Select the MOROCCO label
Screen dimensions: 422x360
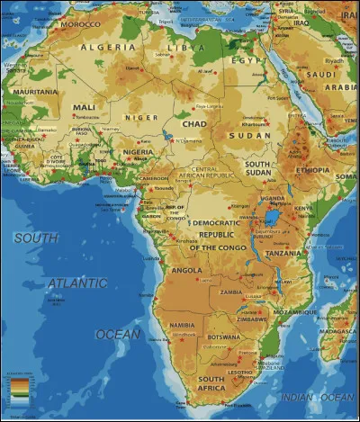80,24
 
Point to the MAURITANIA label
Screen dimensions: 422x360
34,91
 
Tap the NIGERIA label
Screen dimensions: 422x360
137,152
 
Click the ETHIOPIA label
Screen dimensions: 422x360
311,169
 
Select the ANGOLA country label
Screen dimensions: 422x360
187,269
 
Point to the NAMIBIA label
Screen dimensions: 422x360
182,324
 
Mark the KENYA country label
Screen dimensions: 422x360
302,208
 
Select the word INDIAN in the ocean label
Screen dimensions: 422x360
296,396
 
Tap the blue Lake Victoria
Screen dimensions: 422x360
271,217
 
